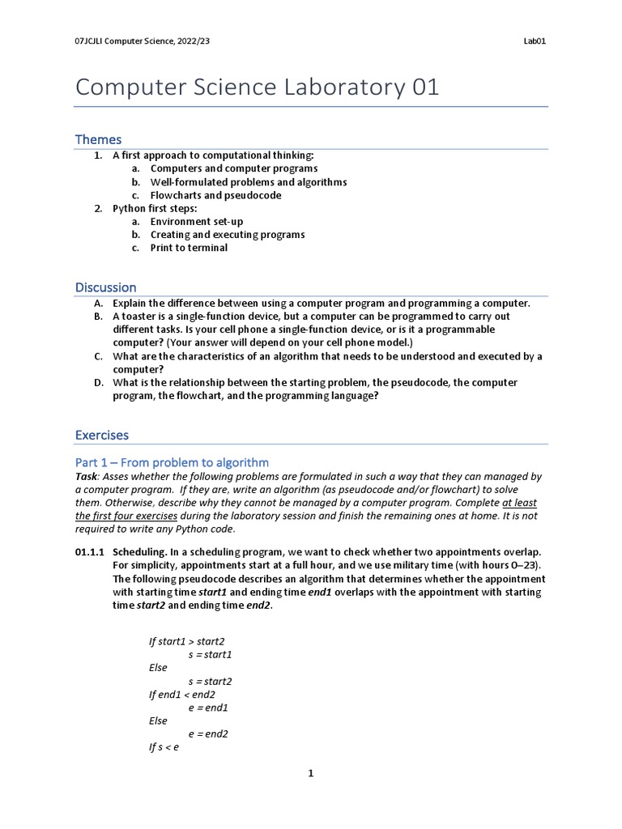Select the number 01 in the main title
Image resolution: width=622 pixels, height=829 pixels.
pyautogui.click(x=425, y=87)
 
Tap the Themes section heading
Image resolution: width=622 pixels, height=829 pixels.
pyautogui.click(x=98, y=139)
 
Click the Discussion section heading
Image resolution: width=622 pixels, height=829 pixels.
pyautogui.click(x=105, y=287)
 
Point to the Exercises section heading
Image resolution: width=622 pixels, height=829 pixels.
pyautogui.click(x=101, y=436)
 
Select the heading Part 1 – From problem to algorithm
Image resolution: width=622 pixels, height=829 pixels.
pyautogui.click(x=172, y=462)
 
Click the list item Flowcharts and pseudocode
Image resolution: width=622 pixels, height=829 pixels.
pyautogui.click(x=215, y=195)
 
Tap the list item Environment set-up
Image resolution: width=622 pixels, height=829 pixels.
pyautogui.click(x=196, y=221)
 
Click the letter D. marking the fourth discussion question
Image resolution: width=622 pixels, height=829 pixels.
pyautogui.click(x=98, y=382)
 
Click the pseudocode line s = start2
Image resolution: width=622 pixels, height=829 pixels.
pyautogui.click(x=210, y=681)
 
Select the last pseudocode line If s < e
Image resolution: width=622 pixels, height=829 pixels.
pyautogui.click(x=164, y=747)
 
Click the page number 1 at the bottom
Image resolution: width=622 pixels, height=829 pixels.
pyautogui.click(x=310, y=774)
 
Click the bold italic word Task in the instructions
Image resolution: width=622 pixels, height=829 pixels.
pyautogui.click(x=87, y=477)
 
